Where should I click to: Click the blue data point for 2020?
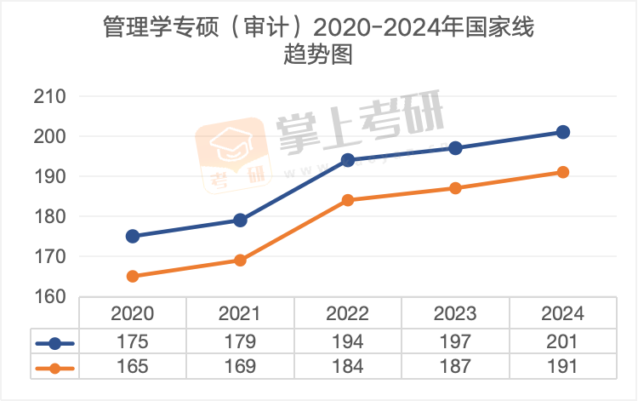[133, 236]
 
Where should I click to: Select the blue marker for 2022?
[348, 160]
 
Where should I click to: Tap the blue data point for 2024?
[562, 132]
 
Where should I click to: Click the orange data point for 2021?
[240, 260]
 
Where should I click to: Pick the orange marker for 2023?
[455, 188]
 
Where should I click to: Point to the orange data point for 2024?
[562, 172]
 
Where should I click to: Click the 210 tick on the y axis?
[49, 96]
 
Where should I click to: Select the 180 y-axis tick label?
[49, 216]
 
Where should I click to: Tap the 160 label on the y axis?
[49, 296]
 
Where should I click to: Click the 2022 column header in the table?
[348, 313]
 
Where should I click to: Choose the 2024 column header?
[562, 313]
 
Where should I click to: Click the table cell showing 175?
[133, 342]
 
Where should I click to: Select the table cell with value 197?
[455, 342]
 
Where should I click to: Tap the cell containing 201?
[562, 342]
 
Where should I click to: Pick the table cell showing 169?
[240, 368]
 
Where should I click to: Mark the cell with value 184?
[348, 368]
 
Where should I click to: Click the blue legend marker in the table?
[55, 343]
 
